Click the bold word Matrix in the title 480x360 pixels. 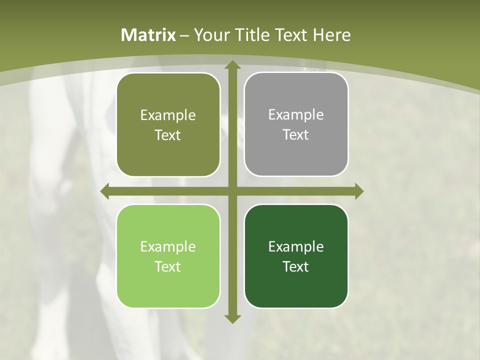[x=148, y=35]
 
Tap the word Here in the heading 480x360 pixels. [x=332, y=35]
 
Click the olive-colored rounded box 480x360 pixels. [x=168, y=124]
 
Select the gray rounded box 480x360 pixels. [x=296, y=124]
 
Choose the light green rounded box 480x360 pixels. [x=168, y=256]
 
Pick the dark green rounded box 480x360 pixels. [x=296, y=256]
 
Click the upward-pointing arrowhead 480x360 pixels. [x=232, y=65]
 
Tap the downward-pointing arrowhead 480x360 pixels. [x=232, y=318]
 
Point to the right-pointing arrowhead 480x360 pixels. [x=359, y=191]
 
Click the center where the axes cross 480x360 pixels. [x=232, y=191]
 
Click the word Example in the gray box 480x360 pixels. [x=296, y=114]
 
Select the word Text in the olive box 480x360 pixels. [x=167, y=135]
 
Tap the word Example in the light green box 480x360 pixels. [x=167, y=246]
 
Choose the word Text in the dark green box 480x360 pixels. [x=296, y=266]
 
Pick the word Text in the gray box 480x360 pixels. [x=296, y=134]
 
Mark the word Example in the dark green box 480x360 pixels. [x=296, y=246]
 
